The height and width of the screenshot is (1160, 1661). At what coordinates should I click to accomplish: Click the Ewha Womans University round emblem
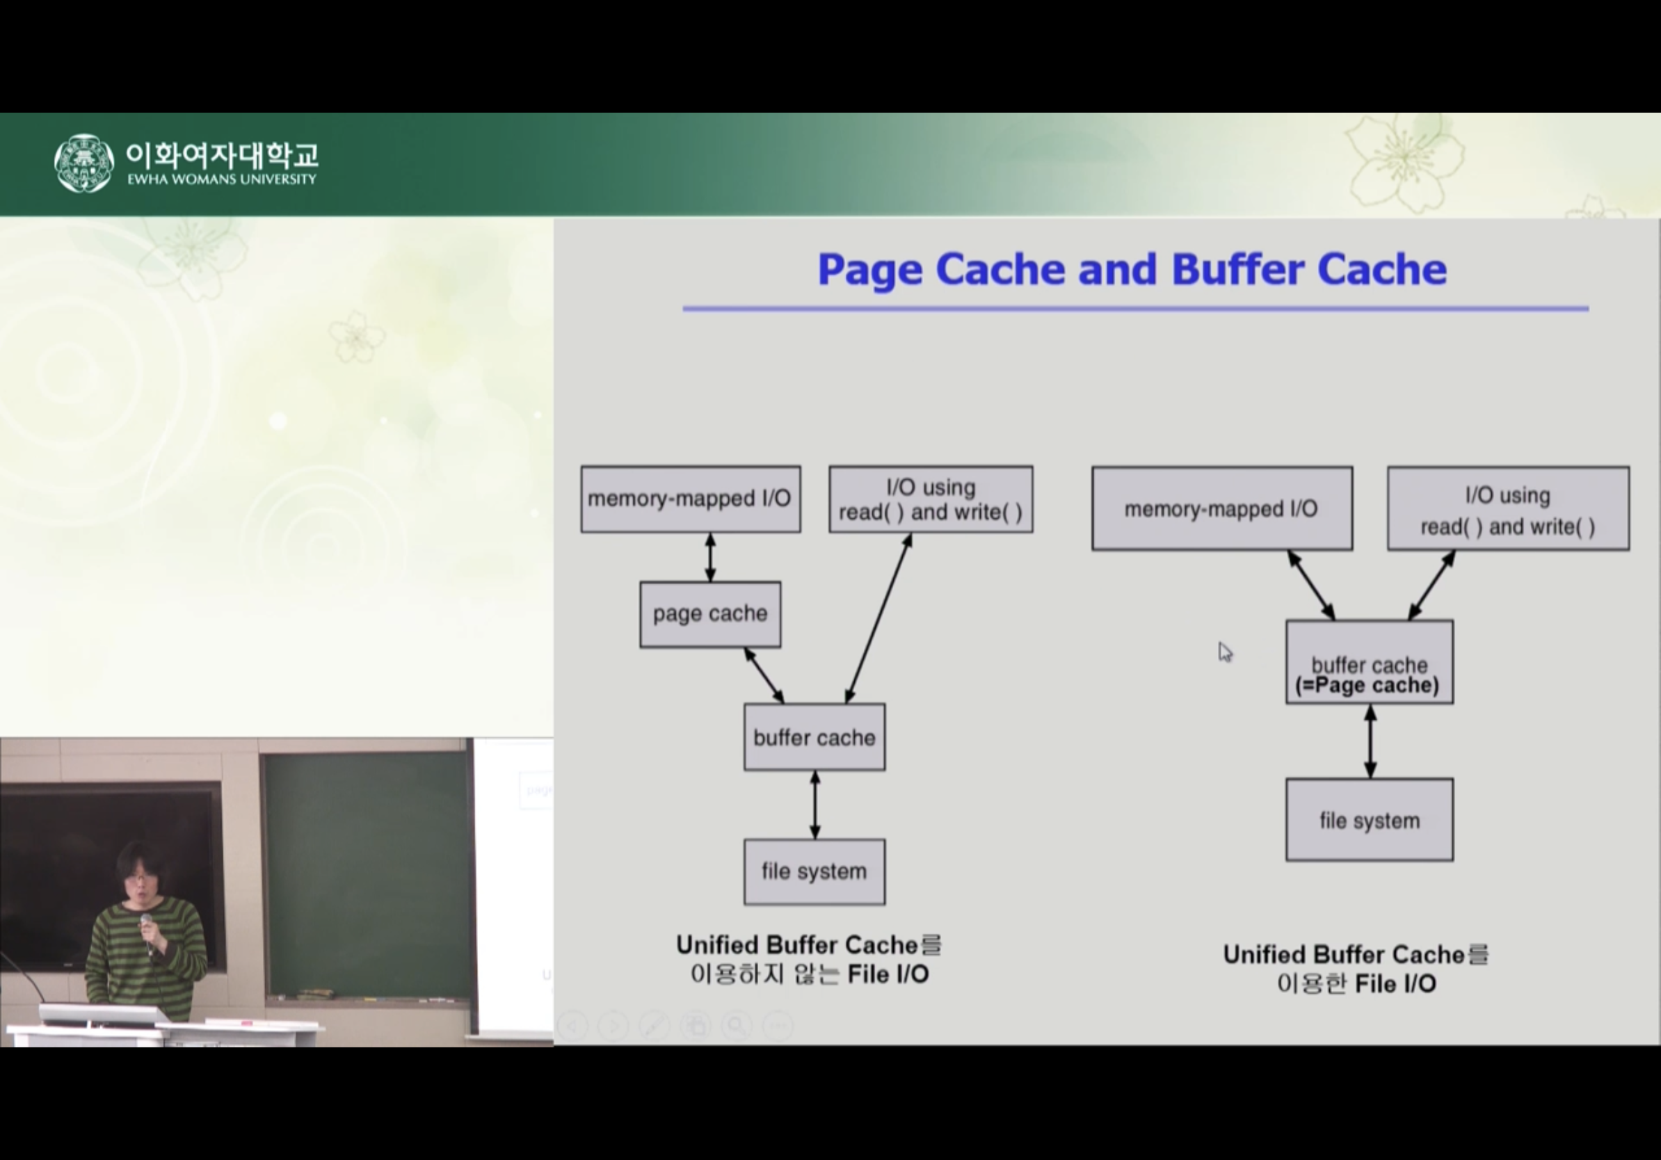(84, 163)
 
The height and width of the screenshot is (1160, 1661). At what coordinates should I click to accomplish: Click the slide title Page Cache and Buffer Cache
(1132, 269)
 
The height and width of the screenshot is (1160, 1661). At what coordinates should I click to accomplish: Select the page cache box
(709, 614)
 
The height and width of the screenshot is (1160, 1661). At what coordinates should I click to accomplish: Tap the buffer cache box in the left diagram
(814, 737)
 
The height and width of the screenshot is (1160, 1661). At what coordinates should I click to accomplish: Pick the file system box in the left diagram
(814, 871)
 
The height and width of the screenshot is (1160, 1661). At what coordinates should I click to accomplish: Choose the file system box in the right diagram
(1369, 820)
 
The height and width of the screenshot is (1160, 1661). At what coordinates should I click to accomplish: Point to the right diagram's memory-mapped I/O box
(1221, 508)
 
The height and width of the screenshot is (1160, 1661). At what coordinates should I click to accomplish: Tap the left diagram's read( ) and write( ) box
(931, 499)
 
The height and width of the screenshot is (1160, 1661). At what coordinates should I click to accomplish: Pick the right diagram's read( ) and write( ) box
(1508, 508)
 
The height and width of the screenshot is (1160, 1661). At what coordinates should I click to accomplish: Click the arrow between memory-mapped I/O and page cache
(710, 557)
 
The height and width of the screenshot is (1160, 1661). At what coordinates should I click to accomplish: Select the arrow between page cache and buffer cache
(764, 675)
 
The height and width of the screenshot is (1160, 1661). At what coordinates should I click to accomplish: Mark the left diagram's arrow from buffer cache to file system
(815, 804)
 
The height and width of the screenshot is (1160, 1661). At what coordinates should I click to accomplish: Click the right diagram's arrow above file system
(1370, 741)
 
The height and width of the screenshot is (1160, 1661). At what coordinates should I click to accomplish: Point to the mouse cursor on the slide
(1224, 652)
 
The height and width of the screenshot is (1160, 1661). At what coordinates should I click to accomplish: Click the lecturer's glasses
(137, 878)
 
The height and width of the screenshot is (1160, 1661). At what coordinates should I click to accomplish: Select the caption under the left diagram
(809, 960)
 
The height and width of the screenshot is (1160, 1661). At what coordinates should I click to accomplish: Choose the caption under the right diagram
(1356, 969)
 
